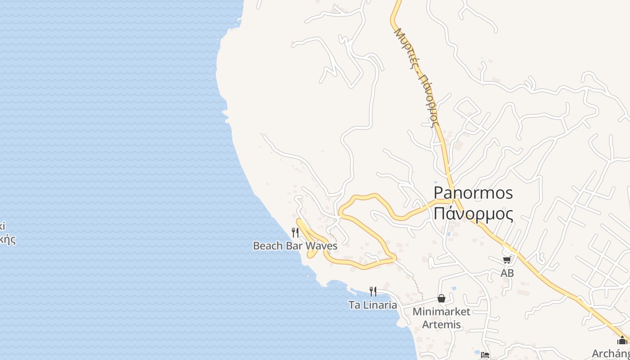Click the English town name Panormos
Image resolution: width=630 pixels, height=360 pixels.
[x=473, y=193]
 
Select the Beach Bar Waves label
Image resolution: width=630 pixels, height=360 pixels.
[x=295, y=246]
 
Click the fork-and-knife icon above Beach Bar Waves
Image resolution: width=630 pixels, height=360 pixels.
[x=295, y=232]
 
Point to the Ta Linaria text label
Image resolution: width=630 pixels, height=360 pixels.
[x=373, y=305]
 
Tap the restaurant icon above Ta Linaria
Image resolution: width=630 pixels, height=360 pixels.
[x=373, y=291]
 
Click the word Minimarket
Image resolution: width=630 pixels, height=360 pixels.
[x=441, y=311]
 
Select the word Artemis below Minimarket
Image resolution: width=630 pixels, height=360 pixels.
[x=441, y=324]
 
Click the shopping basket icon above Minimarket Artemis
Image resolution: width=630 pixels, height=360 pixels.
[x=441, y=298]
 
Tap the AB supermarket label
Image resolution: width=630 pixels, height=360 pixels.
[x=507, y=273]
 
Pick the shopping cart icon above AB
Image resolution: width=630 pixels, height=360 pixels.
[x=507, y=260]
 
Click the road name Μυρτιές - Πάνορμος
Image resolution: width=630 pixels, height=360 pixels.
[x=416, y=76]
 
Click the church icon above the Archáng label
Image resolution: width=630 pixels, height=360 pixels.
[x=622, y=341]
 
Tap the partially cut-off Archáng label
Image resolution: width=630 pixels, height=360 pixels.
[x=611, y=353]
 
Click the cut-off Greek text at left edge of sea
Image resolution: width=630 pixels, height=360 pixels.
[x=6, y=233]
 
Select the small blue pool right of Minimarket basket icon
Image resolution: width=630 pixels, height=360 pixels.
[x=453, y=288]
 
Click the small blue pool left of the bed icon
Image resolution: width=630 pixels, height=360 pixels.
[x=477, y=352]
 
